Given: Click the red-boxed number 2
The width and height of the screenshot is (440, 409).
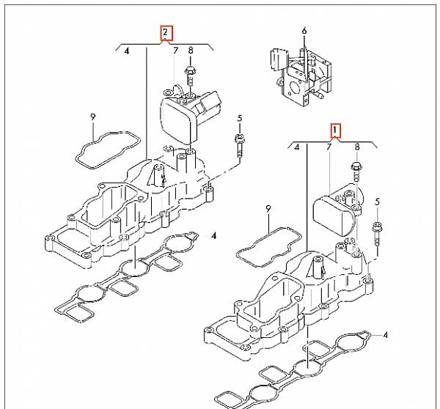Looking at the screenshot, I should click(x=167, y=32).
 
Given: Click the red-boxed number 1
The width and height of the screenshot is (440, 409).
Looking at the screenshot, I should click(x=335, y=130).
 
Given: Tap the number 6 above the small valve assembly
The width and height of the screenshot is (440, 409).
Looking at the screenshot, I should click(x=304, y=32).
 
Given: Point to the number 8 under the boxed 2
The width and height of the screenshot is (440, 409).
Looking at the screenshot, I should click(x=191, y=51).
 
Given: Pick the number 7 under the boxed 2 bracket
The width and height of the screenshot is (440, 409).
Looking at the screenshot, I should click(x=175, y=51).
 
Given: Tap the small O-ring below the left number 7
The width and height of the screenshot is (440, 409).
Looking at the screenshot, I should click(x=169, y=92).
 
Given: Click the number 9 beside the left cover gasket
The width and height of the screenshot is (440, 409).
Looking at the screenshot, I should click(x=92, y=117).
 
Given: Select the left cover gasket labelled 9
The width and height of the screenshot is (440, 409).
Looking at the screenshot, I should click(x=107, y=146).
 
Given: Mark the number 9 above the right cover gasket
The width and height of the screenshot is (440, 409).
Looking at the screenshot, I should click(x=268, y=209).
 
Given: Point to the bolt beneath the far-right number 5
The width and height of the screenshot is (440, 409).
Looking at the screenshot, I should click(x=378, y=232).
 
